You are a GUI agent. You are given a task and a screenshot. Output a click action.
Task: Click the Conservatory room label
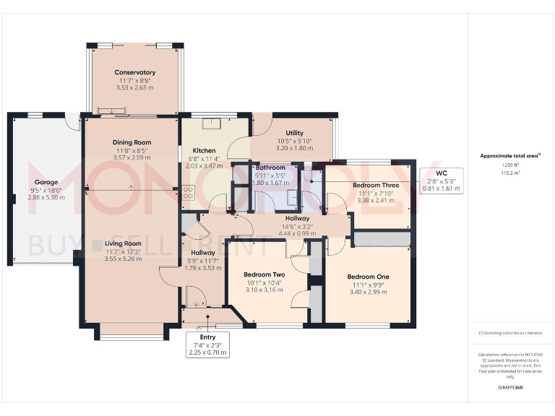point(134,72)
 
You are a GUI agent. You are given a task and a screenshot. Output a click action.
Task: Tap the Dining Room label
point(132,142)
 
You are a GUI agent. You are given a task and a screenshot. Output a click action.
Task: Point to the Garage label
point(45,183)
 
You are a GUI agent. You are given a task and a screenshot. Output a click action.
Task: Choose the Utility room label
point(294,133)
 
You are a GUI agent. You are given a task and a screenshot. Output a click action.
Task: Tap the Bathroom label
point(270,168)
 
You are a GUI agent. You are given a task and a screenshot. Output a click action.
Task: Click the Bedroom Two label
point(264,275)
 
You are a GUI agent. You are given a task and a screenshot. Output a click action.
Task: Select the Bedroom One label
point(368,277)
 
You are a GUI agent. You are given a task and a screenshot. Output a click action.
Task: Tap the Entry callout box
point(208,345)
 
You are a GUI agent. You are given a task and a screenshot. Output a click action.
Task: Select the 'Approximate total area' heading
point(510,155)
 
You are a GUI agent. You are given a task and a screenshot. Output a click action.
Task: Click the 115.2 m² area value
point(510,173)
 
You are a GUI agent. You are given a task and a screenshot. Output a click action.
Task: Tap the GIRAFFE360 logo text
point(510,388)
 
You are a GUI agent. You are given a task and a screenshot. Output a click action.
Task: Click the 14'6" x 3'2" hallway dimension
point(297,226)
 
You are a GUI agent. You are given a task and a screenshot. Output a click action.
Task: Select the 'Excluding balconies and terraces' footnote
point(510,333)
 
